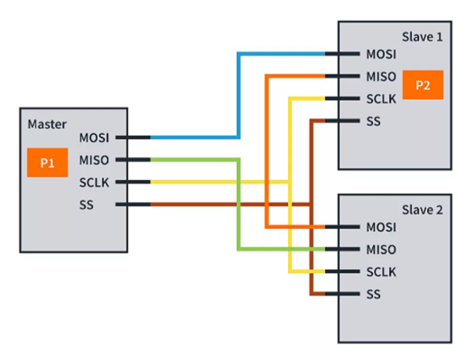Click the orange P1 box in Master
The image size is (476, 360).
pos(47,163)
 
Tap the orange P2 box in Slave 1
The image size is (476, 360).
pos(422,85)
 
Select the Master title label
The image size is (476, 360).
pos(47,124)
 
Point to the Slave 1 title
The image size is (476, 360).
pos(422,36)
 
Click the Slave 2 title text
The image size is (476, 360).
pos(422,210)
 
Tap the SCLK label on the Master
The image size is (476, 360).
pos(94,182)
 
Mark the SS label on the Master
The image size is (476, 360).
pos(87,204)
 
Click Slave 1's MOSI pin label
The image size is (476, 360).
pos(381,54)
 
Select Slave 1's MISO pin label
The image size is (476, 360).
pos(381,76)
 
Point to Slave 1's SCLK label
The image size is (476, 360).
pos(381,98)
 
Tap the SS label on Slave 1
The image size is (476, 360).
pos(374,121)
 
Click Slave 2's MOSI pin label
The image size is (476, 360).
pos(381,227)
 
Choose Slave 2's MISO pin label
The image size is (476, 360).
pos(381,249)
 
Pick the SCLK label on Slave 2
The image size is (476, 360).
pos(381,271)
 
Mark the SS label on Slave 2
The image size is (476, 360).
pos(374,294)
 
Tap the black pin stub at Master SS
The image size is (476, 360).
pos(133,204)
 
